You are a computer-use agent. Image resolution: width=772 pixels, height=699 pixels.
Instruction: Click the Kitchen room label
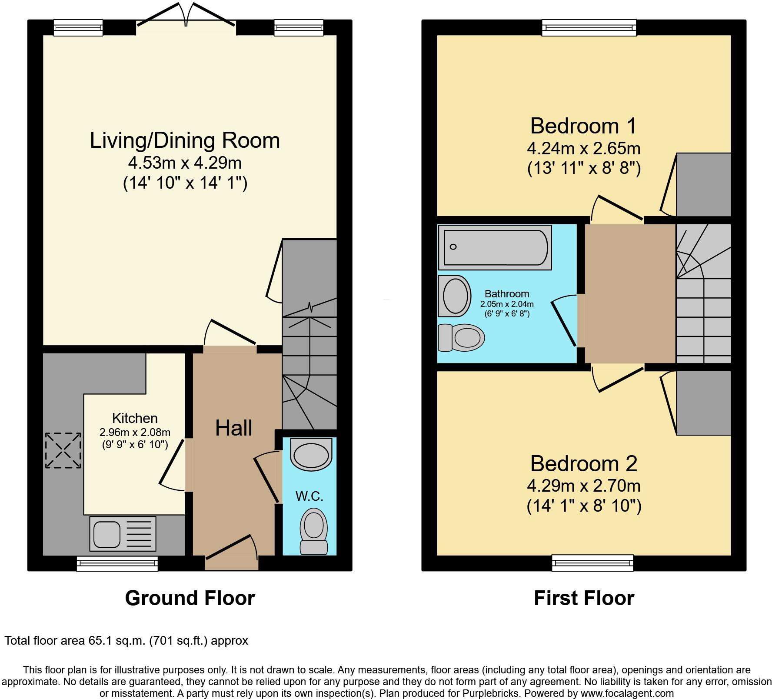click(x=135, y=418)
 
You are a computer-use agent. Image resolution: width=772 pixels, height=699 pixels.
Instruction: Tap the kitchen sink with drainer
click(x=123, y=533)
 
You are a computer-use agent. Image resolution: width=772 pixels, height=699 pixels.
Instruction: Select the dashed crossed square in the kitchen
click(x=63, y=450)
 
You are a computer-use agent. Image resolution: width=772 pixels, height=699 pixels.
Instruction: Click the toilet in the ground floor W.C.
click(x=313, y=533)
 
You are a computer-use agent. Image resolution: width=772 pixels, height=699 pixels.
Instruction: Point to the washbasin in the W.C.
click(x=311, y=454)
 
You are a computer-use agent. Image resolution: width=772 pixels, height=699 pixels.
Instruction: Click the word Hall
click(x=233, y=428)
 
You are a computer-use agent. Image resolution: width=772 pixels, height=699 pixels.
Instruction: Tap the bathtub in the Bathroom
click(x=495, y=247)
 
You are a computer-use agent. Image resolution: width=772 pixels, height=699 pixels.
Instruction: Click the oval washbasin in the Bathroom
click(x=455, y=296)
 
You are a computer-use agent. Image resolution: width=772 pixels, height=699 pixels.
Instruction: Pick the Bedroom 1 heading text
click(x=583, y=126)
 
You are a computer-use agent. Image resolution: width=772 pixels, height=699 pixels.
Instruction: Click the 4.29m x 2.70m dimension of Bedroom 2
click(x=583, y=486)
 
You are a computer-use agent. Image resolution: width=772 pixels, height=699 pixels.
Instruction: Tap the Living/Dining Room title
click(x=185, y=140)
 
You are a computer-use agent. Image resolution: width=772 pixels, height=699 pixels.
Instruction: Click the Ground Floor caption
click(x=190, y=598)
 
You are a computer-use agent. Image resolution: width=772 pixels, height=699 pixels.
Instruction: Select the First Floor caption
click(x=584, y=598)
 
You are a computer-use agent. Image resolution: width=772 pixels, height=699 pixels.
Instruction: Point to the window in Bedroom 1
click(x=589, y=28)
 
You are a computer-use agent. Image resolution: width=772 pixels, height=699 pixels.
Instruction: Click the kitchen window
click(x=117, y=564)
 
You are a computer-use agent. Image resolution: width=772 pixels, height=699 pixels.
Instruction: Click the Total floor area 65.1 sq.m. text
click(x=126, y=640)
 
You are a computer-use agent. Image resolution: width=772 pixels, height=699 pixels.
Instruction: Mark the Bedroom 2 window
click(x=592, y=563)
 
